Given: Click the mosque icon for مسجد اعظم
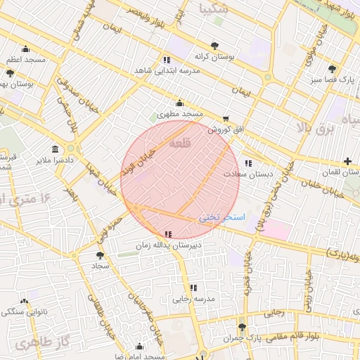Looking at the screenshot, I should tap(26, 49).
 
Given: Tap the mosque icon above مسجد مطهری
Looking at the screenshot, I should tap(180, 103).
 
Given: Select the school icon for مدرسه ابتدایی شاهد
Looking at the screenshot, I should tap(167, 60).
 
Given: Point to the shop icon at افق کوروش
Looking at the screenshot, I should tap(226, 119).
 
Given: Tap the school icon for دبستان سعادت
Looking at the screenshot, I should tap(248, 163).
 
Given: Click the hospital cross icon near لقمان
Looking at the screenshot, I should tap(348, 162).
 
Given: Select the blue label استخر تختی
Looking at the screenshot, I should tap(221, 217).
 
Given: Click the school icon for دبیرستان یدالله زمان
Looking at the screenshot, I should tap(167, 234).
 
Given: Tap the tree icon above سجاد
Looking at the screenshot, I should tap(99, 255).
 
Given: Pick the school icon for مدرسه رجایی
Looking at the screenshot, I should tap(193, 288).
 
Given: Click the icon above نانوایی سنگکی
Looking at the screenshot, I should tap(25, 301).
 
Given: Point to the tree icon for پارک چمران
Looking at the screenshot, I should tap(243, 328).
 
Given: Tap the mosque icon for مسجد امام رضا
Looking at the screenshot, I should tap(139, 347).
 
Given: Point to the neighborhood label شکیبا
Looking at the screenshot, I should tap(213, 9).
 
